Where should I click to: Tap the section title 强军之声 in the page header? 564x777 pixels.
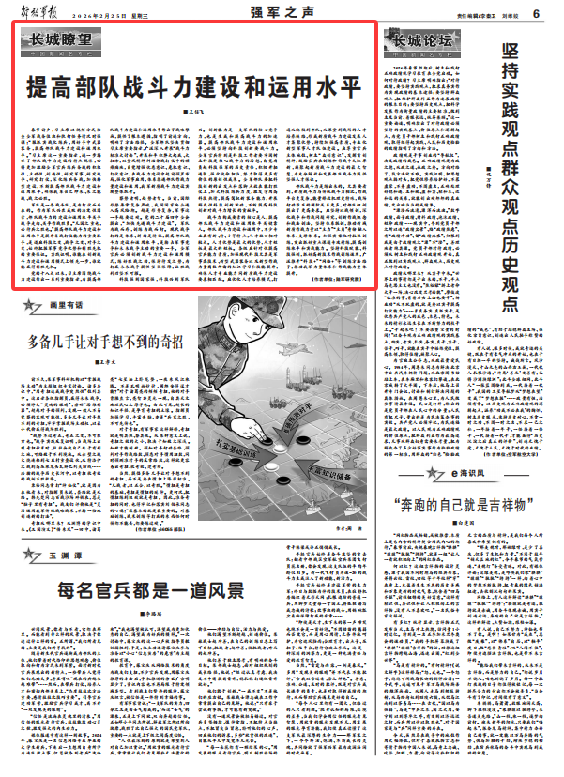276,11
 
